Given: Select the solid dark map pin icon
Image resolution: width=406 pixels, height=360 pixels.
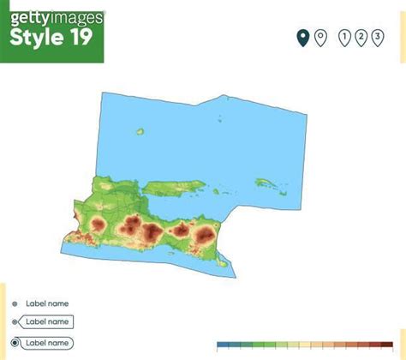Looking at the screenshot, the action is pos(302,37).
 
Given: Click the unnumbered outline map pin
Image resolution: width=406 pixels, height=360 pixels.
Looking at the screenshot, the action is pos(319,37).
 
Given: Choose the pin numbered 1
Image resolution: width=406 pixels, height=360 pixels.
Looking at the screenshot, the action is pos(345,37).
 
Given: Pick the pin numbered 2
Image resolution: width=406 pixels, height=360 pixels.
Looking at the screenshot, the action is pos(361,37).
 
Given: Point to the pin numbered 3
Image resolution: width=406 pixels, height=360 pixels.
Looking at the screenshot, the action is pos(377,37).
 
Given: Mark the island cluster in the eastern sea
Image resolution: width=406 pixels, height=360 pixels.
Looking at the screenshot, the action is pos(266,182).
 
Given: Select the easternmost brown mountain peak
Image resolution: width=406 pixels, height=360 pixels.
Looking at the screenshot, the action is pos(205,233).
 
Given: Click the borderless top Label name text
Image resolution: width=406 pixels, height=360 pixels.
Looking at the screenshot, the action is pos(47,303).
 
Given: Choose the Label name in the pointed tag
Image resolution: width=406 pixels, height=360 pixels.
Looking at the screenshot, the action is pos(47,322).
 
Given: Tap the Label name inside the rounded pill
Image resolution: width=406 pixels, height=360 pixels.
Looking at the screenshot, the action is pos(47,343).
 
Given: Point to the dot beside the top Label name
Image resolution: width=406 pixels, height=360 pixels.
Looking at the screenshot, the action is pos(15,304).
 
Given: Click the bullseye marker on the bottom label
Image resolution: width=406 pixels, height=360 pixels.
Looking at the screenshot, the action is pos(15,343).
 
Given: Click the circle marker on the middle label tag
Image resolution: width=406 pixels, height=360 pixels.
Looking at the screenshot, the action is pos(15,323).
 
